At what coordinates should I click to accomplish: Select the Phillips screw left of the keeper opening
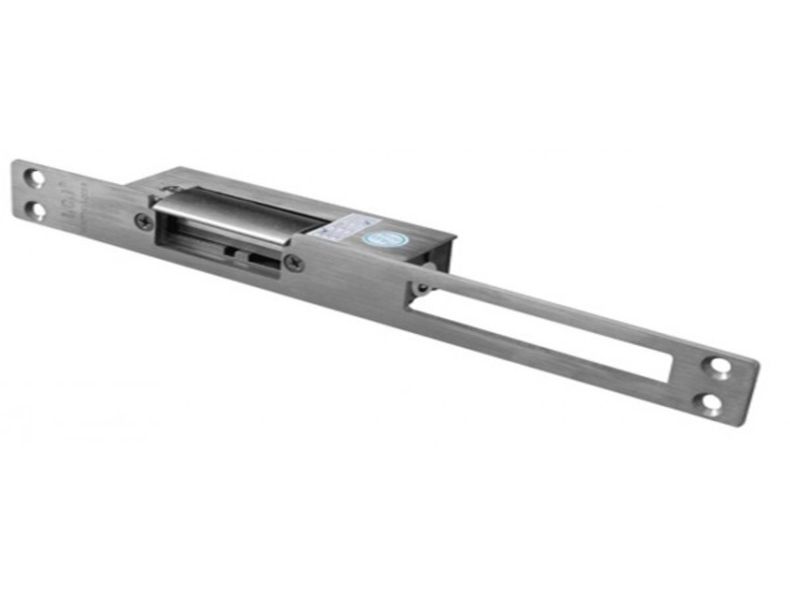point(145,220)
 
